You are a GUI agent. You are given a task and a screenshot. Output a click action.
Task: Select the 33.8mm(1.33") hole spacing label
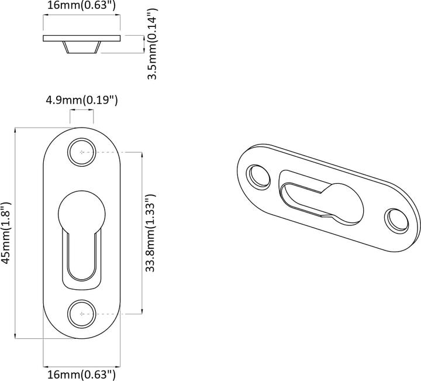coord(150,233)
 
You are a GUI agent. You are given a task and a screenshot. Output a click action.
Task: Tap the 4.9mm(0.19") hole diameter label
coord(82,100)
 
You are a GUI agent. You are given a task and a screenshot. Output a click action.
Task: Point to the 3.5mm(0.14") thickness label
coord(152,44)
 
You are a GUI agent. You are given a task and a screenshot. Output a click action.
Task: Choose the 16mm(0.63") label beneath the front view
coord(82,373)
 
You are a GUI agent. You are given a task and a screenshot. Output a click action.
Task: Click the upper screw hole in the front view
coord(82,152)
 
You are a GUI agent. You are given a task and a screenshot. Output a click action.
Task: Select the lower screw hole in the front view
coord(82,314)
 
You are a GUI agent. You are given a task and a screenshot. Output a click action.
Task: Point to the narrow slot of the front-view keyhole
coord(82,258)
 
